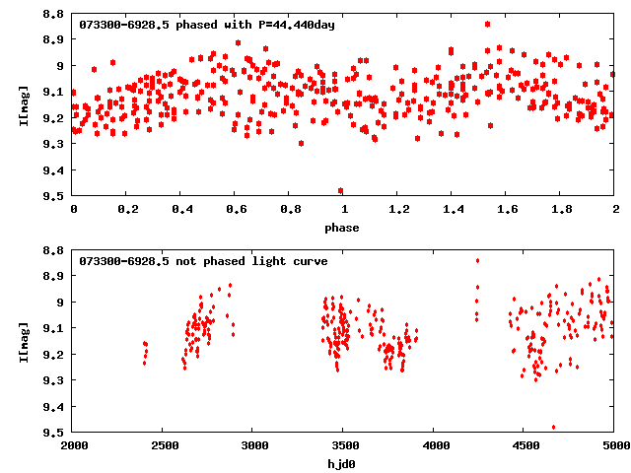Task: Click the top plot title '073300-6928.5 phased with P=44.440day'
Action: tap(207, 25)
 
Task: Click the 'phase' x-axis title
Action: tap(344, 228)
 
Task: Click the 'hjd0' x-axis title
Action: tap(344, 464)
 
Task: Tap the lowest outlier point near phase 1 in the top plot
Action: tap(341, 191)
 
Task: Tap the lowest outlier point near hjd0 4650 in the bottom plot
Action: tap(553, 428)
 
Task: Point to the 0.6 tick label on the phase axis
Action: tap(236, 210)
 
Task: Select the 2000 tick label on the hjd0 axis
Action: tap(74, 446)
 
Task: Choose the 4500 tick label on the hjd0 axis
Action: tap(524, 446)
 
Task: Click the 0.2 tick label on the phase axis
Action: tap(127, 210)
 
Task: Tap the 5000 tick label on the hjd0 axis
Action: tap(612, 446)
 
